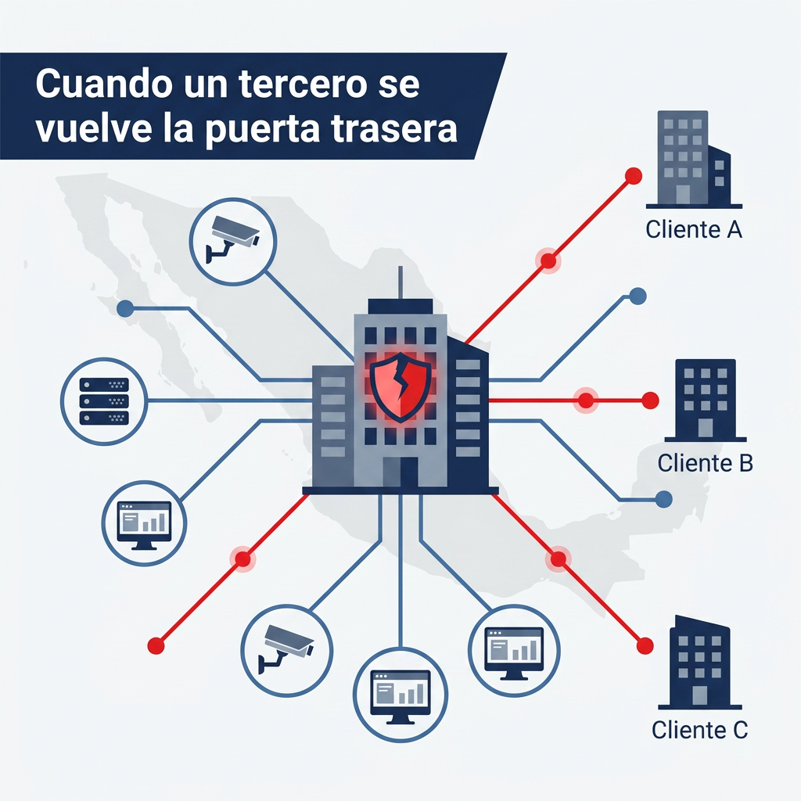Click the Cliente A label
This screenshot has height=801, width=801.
pyautogui.click(x=693, y=229)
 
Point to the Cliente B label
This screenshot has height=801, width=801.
pyautogui.click(x=705, y=463)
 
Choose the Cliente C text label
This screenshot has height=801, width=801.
pyautogui.click(x=699, y=730)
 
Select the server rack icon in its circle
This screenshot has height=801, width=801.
pyautogui.click(x=104, y=401)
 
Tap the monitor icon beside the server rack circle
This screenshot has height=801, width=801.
pyautogui.click(x=144, y=525)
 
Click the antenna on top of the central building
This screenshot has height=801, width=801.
pyautogui.click(x=400, y=282)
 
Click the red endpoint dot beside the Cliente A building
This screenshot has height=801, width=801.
pyautogui.click(x=634, y=176)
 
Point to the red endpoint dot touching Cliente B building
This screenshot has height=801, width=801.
pyautogui.click(x=650, y=400)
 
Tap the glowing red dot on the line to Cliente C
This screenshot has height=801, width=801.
pyautogui.click(x=559, y=559)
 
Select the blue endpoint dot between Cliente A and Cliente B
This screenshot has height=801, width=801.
pyautogui.click(x=638, y=296)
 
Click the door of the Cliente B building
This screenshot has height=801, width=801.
pyautogui.click(x=706, y=428)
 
